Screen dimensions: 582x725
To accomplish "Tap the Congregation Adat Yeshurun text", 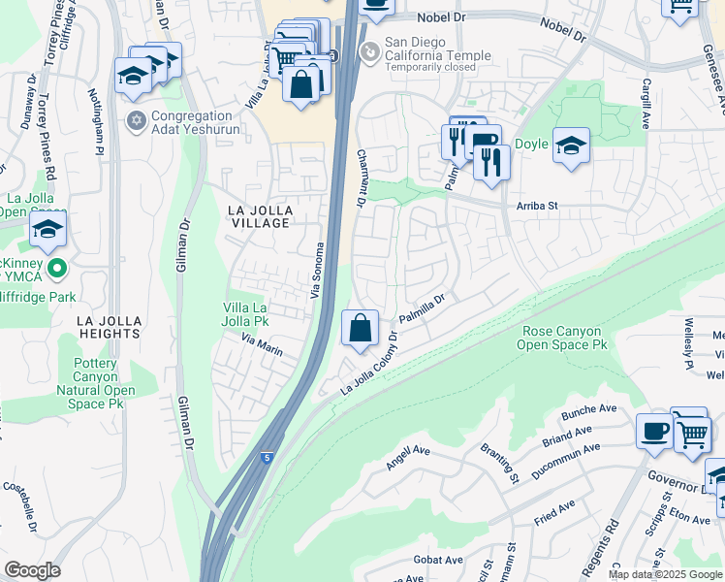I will coord(187,128).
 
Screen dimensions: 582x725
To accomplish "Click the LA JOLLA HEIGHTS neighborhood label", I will coord(97,327).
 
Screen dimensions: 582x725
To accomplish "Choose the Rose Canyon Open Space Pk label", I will coord(561,338).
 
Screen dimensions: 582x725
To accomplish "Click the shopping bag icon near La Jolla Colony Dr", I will coord(360,330).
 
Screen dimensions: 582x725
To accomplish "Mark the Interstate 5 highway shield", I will coord(266,457).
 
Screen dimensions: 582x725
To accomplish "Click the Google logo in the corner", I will coord(32,570).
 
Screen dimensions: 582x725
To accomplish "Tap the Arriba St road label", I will coord(538,206).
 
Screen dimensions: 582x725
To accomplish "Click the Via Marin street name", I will coord(262,343).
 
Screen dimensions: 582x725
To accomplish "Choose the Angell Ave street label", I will coord(407,457).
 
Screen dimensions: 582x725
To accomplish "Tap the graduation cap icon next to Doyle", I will coord(571,146).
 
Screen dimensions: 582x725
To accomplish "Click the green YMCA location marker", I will coord(56,269).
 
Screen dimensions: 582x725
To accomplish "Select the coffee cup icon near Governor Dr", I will coord(654,430).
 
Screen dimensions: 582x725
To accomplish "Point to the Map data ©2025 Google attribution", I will coord(664,574).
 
